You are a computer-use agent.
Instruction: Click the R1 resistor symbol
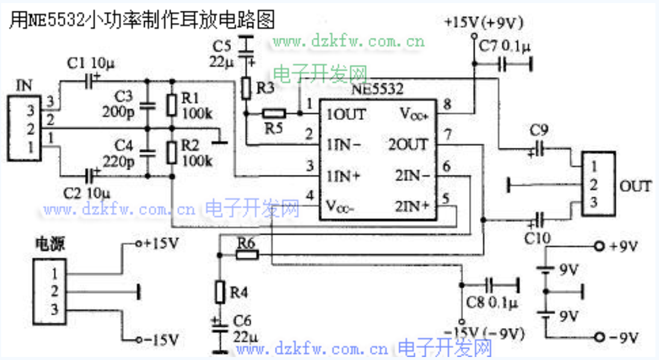[172, 105]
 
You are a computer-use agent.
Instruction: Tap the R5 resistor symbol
[274, 113]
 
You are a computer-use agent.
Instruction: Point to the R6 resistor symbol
[247, 255]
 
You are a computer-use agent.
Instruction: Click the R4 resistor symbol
[220, 292]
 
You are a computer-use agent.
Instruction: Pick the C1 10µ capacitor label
[88, 63]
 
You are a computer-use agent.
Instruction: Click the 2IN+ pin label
[412, 206]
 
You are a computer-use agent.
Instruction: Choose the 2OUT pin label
[409, 144]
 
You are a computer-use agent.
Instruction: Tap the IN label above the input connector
[25, 86]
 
